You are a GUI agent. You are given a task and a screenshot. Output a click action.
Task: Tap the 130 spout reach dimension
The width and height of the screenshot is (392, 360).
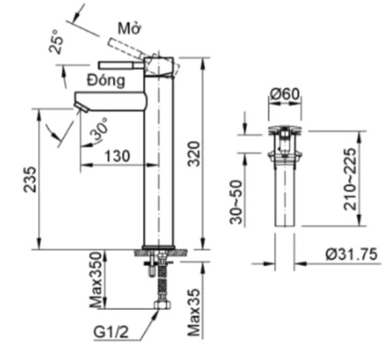117,156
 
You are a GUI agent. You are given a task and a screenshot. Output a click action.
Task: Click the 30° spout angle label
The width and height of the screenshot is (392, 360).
99,131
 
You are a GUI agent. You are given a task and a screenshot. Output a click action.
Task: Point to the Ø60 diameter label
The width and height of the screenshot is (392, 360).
285,95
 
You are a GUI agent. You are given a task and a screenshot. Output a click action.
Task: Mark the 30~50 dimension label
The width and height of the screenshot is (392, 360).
237,203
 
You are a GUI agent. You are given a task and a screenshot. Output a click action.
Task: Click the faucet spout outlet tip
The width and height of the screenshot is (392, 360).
80,106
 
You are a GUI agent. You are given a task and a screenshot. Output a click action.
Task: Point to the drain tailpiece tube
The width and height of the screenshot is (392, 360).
285,196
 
